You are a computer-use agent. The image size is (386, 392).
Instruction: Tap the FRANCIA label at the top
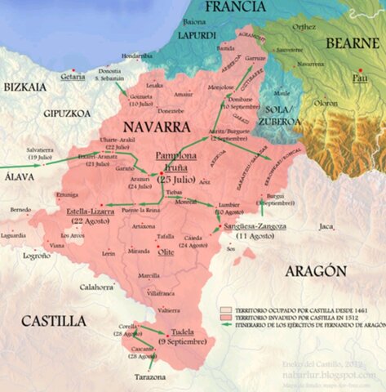236,8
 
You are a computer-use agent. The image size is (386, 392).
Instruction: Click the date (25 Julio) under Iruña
176,179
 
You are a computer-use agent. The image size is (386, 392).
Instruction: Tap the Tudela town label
183,332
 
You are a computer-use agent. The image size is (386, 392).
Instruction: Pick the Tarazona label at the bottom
150,376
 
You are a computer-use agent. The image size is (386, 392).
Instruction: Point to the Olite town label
166,252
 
